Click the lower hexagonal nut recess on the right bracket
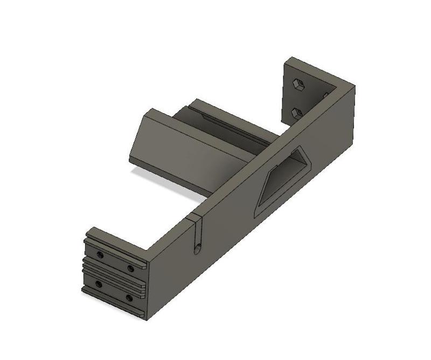pyautogui.click(x=296, y=112)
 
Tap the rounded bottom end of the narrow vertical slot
pyautogui.click(x=197, y=248)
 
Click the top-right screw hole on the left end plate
pyautogui.click(x=130, y=268)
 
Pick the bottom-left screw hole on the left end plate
pyautogui.click(x=98, y=283)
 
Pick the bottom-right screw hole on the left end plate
pyautogui.click(x=129, y=297)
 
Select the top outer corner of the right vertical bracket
pyautogui.click(x=291, y=58)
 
